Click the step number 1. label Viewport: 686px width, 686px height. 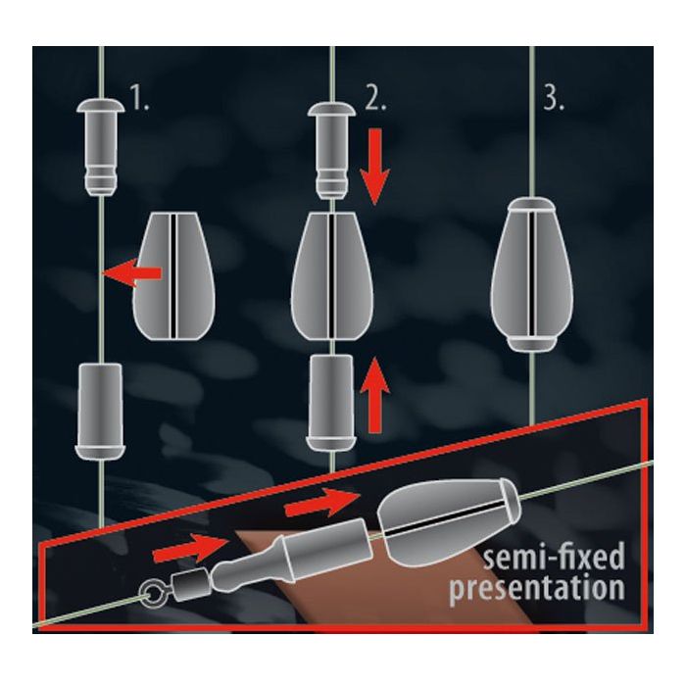(x=140, y=97)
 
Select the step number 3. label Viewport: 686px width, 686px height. (x=554, y=97)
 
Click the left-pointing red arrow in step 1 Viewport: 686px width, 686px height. (x=132, y=273)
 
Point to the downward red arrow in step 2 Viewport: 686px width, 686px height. (x=374, y=167)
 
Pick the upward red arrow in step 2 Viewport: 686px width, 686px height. (x=374, y=395)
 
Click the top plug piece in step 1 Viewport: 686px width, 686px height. (x=100, y=147)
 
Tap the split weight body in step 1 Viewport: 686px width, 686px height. (x=173, y=276)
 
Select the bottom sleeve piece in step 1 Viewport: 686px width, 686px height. (x=100, y=412)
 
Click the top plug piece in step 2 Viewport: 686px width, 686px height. (x=331, y=151)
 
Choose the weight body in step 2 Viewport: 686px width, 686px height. (x=332, y=276)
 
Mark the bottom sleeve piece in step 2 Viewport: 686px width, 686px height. (x=331, y=403)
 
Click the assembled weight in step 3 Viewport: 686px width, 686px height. (x=531, y=274)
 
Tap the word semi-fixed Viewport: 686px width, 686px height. (x=554, y=557)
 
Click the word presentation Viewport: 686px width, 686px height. (x=537, y=588)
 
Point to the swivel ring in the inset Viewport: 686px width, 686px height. (x=153, y=594)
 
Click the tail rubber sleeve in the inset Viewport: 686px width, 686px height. (x=293, y=554)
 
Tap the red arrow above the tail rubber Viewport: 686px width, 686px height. (x=322, y=502)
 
